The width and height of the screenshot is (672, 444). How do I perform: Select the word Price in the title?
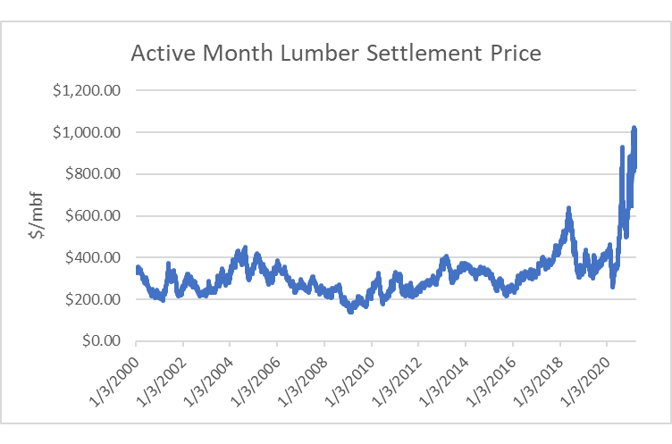[x=510, y=54]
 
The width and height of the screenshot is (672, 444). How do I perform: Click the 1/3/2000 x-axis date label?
[x=114, y=376]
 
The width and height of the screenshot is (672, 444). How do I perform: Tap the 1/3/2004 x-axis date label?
[x=208, y=376]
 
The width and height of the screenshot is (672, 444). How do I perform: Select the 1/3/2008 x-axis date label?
[x=302, y=376]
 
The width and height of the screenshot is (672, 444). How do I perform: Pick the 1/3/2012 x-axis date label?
[x=397, y=376]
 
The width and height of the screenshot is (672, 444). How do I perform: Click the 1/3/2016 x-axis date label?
[x=491, y=376]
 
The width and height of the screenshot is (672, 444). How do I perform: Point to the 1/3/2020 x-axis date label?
[x=585, y=376]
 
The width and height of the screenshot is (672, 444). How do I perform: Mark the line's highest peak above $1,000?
[x=634, y=129]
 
